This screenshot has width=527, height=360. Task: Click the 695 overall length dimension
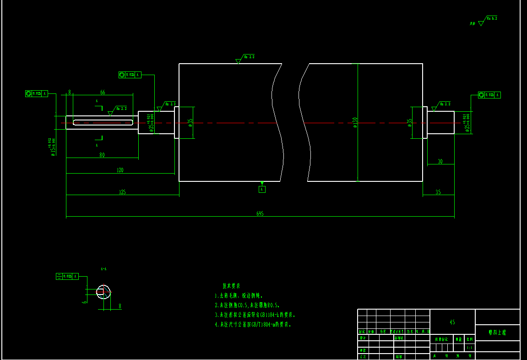260,213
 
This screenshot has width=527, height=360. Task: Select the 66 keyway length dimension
103,93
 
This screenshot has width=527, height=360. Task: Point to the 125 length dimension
122,192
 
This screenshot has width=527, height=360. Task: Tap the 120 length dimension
120,170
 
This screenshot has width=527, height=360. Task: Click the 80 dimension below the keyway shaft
102,155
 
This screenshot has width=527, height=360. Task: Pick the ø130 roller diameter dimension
355,122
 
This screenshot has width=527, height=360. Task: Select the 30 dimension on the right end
440,162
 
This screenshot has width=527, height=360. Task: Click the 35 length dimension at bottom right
438,192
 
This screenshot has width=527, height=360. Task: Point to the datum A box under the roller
262,189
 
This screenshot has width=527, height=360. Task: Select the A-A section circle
104,292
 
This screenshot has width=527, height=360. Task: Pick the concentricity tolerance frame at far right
489,95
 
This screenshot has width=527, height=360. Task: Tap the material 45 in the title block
452,322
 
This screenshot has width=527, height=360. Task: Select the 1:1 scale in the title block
469,348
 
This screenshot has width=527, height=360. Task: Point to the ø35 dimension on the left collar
190,122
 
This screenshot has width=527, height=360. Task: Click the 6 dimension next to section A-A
84,301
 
